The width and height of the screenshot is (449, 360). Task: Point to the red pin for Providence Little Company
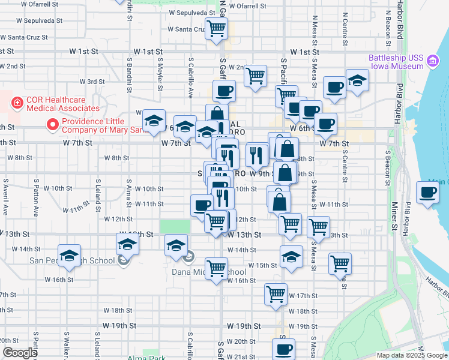pyautogui.click(x=53, y=125)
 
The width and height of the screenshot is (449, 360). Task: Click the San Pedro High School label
pyautogui.click(x=72, y=260)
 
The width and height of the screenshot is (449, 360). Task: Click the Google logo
pyautogui.click(x=20, y=353)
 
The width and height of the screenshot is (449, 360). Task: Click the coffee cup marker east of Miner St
pyautogui.click(x=429, y=193)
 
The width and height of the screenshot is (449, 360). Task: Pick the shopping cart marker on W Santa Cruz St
pyautogui.click(x=216, y=28)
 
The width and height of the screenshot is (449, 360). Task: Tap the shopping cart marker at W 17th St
pyautogui.click(x=276, y=294)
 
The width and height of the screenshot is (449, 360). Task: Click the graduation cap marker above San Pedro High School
pyautogui.click(x=69, y=255)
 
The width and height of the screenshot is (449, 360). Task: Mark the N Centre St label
pyautogui.click(x=345, y=30)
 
